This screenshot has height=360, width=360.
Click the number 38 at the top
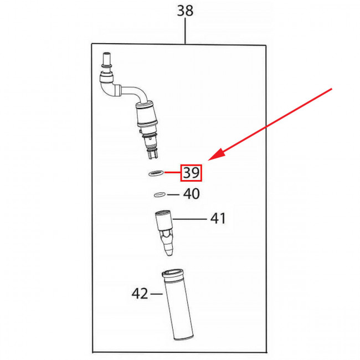tap(185, 11)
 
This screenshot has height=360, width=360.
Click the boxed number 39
tap(191, 173)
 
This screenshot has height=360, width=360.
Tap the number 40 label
tap(191, 194)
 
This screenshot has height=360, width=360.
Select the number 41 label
tap(218, 218)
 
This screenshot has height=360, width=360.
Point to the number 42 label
tap(140, 294)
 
